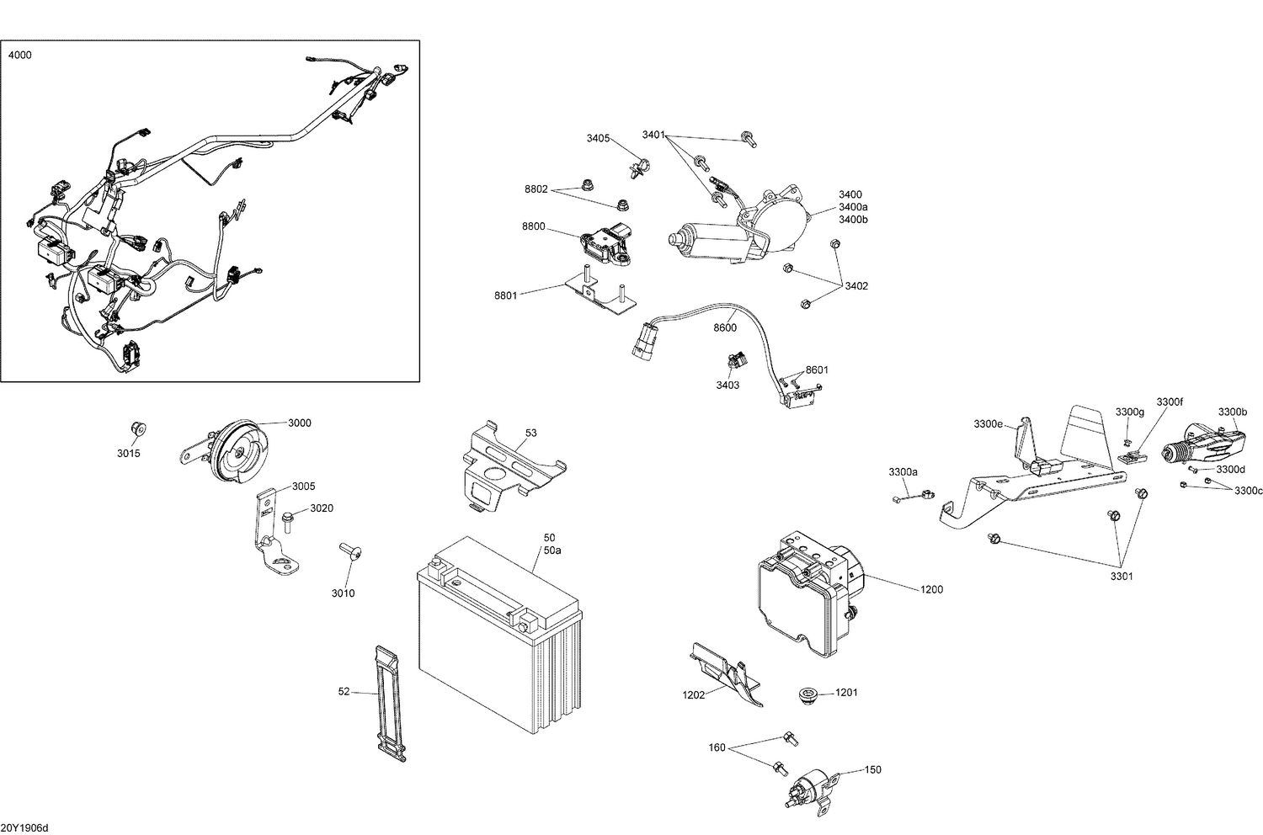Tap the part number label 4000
(x=20, y=55)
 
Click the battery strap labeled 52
(x=390, y=704)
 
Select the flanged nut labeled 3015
(x=139, y=429)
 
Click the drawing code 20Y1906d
(x=24, y=828)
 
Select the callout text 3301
(x=1121, y=577)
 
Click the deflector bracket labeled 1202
(x=725, y=669)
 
